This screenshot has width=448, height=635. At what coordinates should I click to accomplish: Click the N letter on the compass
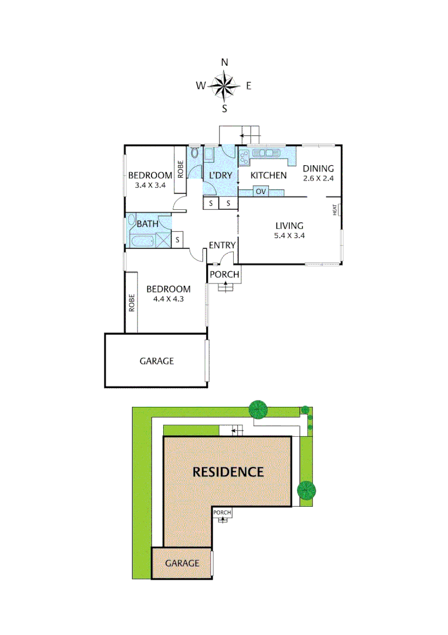(224, 62)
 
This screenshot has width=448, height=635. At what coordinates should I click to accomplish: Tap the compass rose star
(224, 86)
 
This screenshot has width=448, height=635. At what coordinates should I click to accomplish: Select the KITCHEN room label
(268, 175)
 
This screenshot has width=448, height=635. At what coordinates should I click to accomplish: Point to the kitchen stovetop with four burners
(244, 156)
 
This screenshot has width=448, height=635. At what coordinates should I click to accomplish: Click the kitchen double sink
(267, 153)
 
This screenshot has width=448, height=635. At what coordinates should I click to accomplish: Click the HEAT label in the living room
(335, 209)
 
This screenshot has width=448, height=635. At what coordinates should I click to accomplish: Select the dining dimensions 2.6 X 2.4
(318, 179)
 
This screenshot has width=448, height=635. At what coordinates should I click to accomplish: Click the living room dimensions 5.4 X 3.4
(289, 236)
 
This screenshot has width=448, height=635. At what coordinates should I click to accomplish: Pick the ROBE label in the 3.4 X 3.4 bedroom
(180, 171)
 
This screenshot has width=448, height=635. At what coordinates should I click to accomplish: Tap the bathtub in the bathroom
(142, 241)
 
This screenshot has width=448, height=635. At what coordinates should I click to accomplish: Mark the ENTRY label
(222, 245)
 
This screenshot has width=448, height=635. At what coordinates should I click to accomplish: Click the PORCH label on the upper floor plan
(224, 275)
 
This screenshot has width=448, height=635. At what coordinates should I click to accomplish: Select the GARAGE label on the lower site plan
(182, 563)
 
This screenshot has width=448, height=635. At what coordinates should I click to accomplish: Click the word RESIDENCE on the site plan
(228, 472)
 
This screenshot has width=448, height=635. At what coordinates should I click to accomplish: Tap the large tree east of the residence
(306, 489)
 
